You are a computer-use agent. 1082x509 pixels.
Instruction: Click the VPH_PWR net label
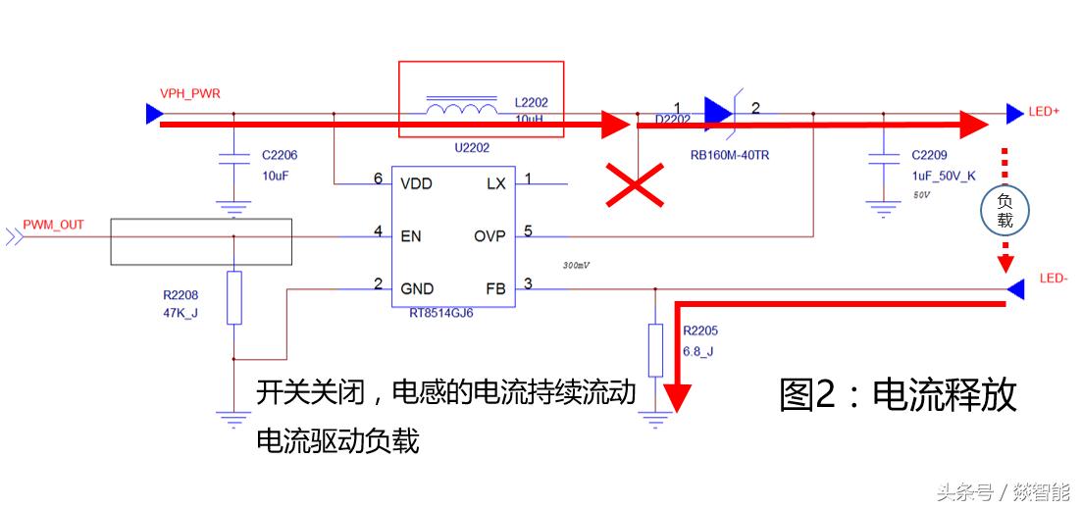189,94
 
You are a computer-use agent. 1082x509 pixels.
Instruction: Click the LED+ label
1044,112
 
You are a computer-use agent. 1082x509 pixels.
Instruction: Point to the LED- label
1052,280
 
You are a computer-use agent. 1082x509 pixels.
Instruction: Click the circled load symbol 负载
1005,210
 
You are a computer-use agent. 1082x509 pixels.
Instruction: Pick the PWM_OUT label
53,225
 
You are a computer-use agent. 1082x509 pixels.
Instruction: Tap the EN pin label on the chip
411,235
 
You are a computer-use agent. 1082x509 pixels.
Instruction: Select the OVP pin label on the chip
489,235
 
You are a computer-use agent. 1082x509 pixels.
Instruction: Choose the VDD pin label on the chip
416,183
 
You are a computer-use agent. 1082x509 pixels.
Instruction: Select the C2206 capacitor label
280,156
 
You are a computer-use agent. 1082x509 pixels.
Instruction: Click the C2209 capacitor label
929,155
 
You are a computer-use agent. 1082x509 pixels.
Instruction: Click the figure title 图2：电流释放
898,394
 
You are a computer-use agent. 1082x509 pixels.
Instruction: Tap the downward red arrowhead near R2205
677,398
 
